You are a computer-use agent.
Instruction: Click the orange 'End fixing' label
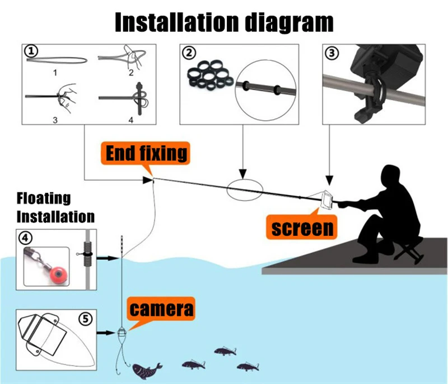(146, 153)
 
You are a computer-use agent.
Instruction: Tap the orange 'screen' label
(302, 228)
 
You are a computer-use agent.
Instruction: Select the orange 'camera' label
(161, 309)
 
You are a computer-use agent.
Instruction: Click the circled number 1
(31, 51)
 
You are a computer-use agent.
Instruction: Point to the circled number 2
(189, 53)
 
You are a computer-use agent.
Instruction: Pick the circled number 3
(332, 53)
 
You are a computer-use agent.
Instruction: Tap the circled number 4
(25, 238)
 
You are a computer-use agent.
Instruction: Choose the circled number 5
(86, 319)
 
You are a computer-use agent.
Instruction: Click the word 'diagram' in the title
(290, 23)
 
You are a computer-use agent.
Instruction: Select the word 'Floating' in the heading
(44, 198)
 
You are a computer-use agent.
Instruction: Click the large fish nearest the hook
(147, 371)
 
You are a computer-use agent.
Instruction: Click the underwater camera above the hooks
(122, 332)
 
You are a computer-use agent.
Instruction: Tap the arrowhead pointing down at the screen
(329, 181)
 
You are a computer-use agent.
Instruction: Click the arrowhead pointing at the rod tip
(148, 180)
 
